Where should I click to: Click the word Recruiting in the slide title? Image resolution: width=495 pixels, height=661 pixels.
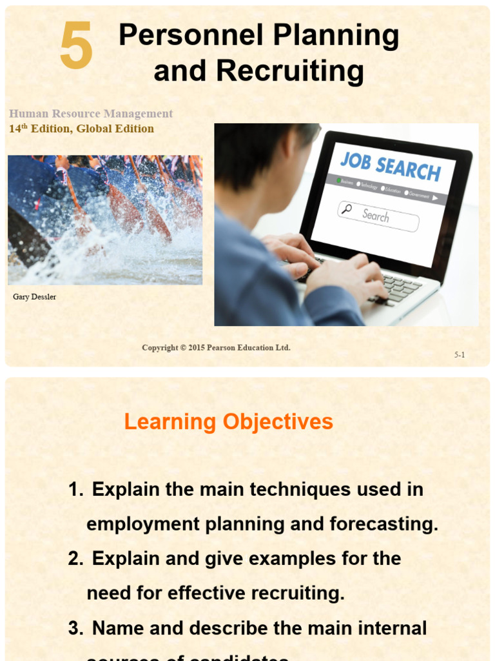(x=290, y=71)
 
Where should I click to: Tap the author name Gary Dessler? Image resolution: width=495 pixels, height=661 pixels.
(x=34, y=297)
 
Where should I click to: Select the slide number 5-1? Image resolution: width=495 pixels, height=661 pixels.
(x=460, y=354)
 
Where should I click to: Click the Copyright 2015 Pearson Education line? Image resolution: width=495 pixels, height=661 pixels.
(x=216, y=347)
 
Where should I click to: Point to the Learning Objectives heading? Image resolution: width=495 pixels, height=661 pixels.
(x=228, y=422)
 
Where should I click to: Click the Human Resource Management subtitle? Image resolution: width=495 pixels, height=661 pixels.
(x=91, y=114)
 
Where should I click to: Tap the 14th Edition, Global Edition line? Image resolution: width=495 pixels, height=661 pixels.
(x=81, y=128)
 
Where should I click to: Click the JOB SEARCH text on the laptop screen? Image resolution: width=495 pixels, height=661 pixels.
(x=391, y=167)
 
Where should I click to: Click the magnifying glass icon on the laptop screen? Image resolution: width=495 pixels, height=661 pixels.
(x=346, y=208)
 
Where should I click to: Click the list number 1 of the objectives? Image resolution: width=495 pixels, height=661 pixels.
(x=75, y=489)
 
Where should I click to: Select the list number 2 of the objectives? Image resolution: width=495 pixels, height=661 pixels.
(x=75, y=558)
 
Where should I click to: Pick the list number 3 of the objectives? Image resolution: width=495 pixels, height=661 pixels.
(x=75, y=627)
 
